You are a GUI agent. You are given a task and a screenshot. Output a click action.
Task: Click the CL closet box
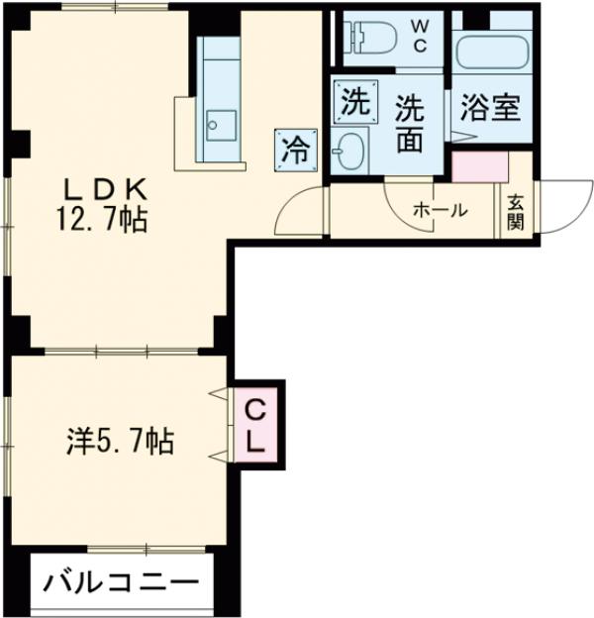coord(256,425)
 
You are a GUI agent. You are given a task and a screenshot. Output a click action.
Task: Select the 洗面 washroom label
coord(410,122)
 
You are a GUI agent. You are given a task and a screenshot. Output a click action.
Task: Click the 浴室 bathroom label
coord(489,107)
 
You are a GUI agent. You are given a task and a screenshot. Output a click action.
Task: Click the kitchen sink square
coord(219,124)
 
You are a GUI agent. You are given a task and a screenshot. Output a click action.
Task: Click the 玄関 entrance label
coord(515,210)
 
